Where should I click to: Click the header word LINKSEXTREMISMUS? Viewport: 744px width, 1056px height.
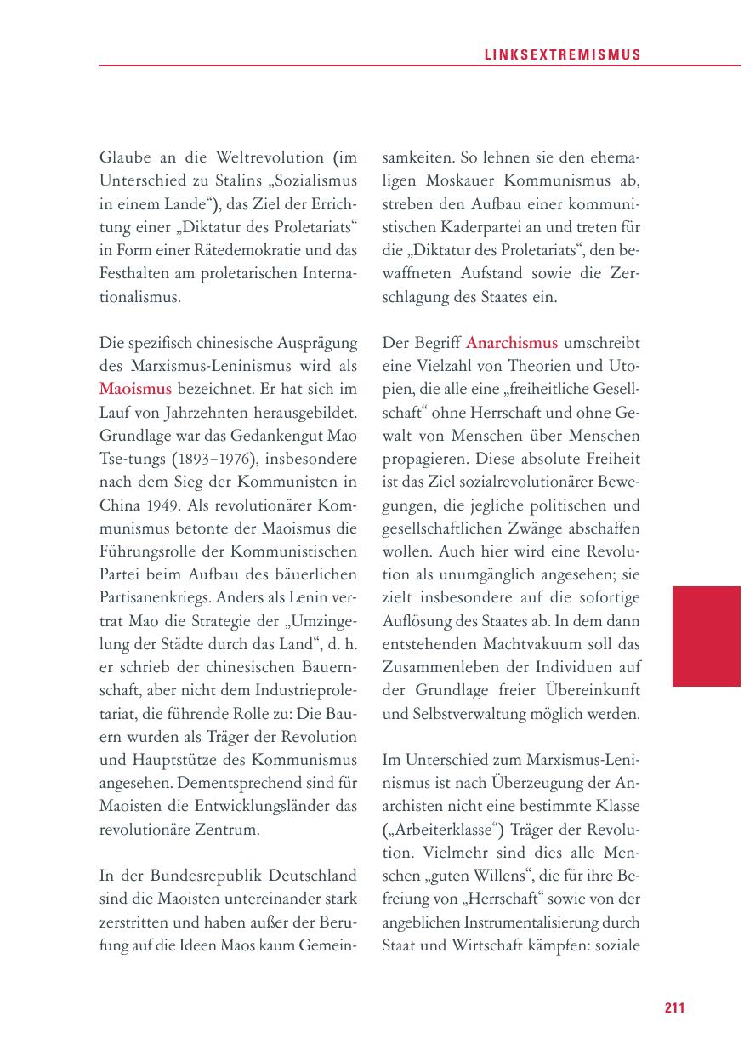coord(563,54)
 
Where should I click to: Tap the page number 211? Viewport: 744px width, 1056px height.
coord(674,1008)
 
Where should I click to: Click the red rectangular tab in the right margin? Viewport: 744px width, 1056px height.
coord(706,636)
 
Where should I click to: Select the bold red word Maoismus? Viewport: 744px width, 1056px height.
coord(135,389)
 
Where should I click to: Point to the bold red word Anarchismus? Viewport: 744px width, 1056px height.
coord(512,343)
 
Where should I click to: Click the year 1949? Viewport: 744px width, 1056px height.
coord(160,505)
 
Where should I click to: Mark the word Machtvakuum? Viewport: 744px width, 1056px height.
coord(496,643)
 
